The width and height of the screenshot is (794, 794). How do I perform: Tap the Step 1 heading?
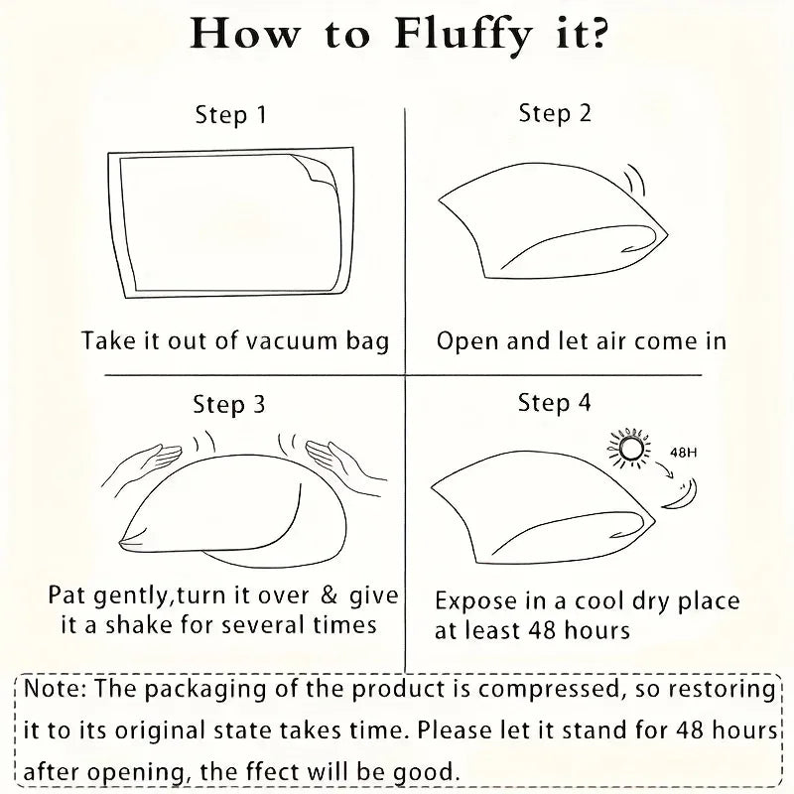pyautogui.click(x=231, y=115)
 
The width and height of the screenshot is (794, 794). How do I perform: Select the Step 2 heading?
pyautogui.click(x=555, y=113)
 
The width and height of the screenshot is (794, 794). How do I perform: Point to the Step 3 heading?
pyautogui.click(x=229, y=404)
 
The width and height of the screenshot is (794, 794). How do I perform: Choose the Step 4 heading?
pyautogui.click(x=555, y=403)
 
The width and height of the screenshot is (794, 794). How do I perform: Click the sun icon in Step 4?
pyautogui.click(x=628, y=449)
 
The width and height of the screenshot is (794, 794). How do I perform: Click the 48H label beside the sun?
pyautogui.click(x=683, y=453)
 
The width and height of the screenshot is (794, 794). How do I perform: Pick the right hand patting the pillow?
pyautogui.click(x=345, y=463)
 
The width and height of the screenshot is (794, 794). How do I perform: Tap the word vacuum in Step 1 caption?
pyautogui.click(x=291, y=340)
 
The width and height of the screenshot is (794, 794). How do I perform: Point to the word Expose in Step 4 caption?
pyautogui.click(x=476, y=602)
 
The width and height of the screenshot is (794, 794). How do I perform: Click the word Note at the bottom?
pyautogui.click(x=55, y=689)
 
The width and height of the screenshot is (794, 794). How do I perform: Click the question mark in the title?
pyautogui.click(x=597, y=33)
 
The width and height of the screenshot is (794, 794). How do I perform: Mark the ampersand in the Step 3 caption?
pyautogui.click(x=330, y=595)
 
